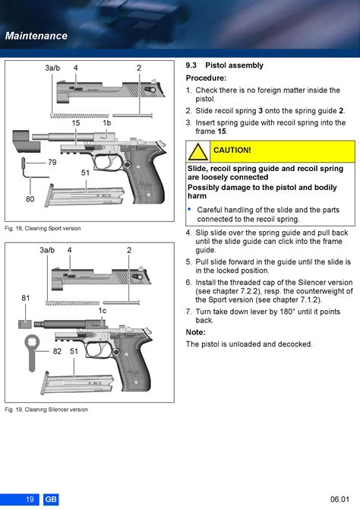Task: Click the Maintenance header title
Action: coord(36,36)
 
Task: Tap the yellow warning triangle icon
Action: coord(198,151)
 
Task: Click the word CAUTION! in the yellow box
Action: coord(232,150)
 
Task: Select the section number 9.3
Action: coord(191,65)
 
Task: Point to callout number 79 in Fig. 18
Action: coord(52,162)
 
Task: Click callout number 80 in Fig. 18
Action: coord(30,198)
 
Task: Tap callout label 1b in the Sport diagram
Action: coord(107,123)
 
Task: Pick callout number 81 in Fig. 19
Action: coord(26,298)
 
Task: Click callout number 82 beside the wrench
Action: coord(57,351)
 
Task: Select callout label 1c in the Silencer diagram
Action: coord(103,311)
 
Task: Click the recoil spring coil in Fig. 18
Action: coord(80,116)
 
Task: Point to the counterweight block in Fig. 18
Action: coord(26,141)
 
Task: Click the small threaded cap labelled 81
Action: coord(25,324)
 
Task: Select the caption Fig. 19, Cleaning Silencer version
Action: coord(46,410)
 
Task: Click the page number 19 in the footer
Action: coord(30,499)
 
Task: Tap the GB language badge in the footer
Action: coord(51,499)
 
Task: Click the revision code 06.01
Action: coord(339,499)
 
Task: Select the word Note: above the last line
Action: coord(196,332)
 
